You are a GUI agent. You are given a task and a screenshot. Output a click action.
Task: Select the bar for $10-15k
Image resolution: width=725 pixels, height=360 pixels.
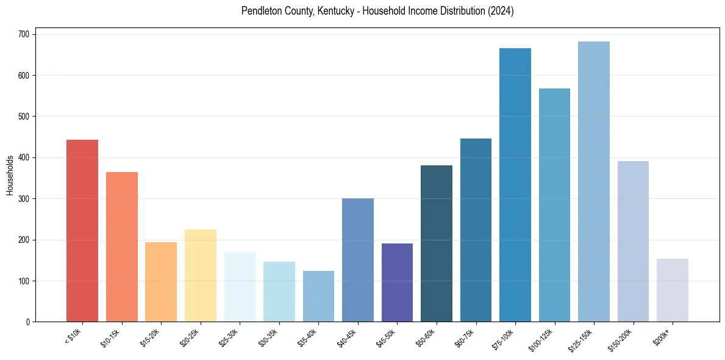(x=121, y=247)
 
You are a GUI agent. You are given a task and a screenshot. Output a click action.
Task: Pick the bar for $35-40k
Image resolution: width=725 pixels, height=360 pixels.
(x=318, y=297)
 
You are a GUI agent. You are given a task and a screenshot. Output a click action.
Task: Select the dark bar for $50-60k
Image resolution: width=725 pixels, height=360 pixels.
(x=437, y=243)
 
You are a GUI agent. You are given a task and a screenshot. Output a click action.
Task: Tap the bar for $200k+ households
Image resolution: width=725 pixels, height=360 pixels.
(x=673, y=290)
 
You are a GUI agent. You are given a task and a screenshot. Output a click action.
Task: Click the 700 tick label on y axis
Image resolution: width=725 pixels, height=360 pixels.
(x=24, y=34)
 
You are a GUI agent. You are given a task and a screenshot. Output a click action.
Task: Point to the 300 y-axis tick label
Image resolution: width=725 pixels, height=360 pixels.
(x=24, y=199)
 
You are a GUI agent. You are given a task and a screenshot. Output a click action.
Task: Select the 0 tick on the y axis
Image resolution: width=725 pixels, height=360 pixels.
(x=29, y=322)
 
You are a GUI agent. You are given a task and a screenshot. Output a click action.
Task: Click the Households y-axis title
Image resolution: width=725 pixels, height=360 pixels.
(x=10, y=175)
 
